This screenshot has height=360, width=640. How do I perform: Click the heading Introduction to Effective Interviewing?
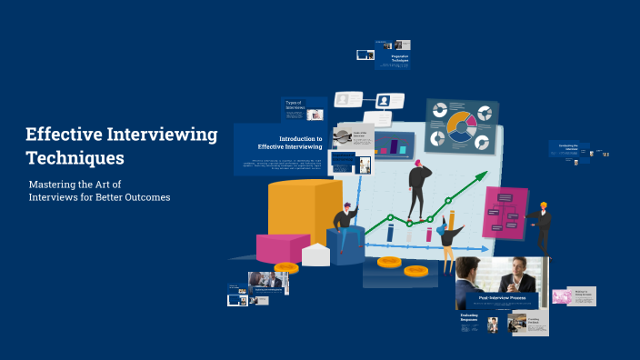(289, 143)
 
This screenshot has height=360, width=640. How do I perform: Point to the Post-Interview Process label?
(504, 297)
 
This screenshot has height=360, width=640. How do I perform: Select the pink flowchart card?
(505, 213)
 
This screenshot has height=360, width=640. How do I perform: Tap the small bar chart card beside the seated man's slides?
(394, 145)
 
